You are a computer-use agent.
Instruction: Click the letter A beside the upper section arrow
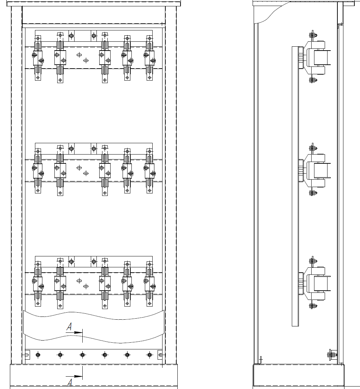69,327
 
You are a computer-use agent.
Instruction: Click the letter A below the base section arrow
70,382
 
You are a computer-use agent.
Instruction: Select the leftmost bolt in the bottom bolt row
38,355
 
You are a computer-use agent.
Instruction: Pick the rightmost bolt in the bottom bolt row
149,355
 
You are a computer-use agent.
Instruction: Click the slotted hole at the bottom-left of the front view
26,355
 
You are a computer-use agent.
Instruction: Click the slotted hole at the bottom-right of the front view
160,355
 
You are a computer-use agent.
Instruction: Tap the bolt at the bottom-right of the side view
332,354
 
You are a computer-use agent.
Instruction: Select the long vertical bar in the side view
295,186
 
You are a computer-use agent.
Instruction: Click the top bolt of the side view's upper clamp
312,35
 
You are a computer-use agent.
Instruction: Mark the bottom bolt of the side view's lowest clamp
312,306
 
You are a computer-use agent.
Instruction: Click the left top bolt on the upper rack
71,35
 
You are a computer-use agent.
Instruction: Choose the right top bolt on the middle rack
94,149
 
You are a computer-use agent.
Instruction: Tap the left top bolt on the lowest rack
71,262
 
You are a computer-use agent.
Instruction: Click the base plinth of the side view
299,375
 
